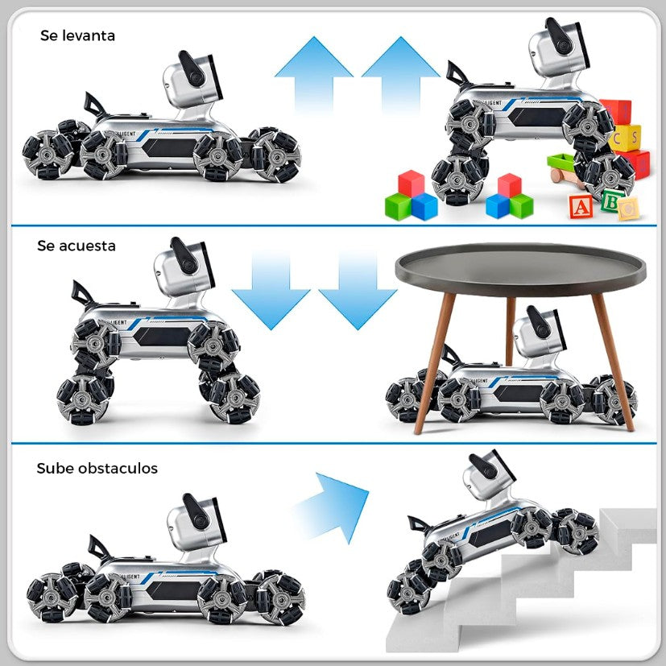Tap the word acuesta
click(88, 245)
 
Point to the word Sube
click(52, 468)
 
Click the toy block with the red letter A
click(580, 207)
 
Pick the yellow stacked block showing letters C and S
click(627, 137)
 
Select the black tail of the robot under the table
click(450, 353)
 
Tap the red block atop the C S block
click(618, 112)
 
